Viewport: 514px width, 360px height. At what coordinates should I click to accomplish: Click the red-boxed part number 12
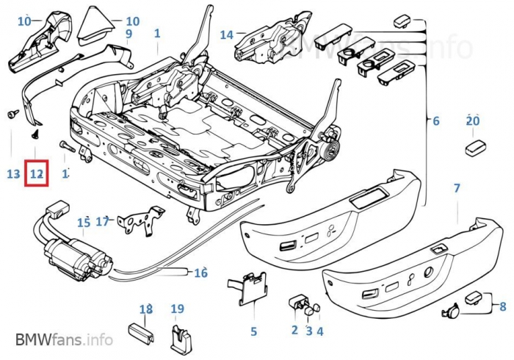click(x=36, y=174)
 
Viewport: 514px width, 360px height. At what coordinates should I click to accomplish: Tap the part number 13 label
click(x=13, y=174)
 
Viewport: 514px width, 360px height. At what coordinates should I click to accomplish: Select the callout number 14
click(x=226, y=35)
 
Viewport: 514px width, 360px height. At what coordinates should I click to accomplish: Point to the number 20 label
click(x=472, y=121)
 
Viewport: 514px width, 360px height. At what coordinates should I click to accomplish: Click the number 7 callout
click(x=457, y=189)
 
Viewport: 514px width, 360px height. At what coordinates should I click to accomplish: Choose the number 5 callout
click(x=253, y=331)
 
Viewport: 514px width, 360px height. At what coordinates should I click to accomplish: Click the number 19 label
click(x=177, y=309)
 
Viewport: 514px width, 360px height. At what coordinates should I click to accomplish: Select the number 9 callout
click(x=128, y=34)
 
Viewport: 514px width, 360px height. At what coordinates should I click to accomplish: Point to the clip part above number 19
click(x=178, y=338)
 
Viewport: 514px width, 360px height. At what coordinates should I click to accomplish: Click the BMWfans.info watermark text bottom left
click(x=64, y=340)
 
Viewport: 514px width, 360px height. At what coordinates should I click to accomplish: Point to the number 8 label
click(x=502, y=306)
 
